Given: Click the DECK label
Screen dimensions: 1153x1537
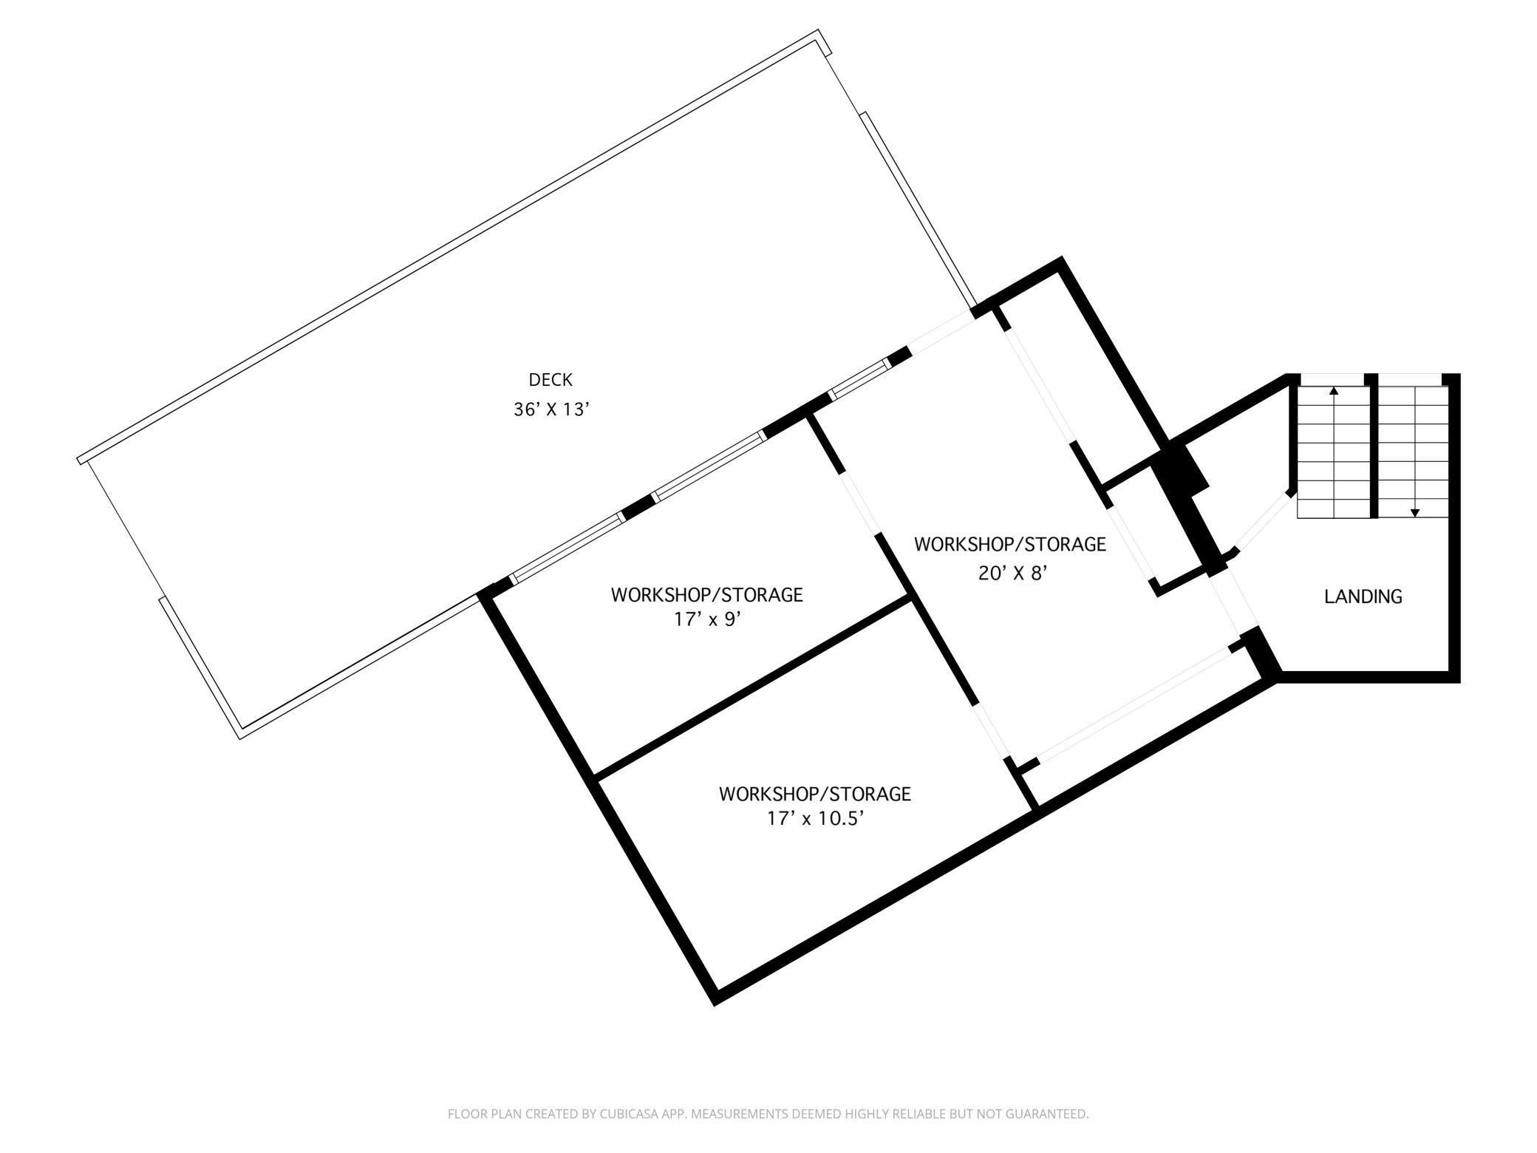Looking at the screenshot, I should [x=551, y=380].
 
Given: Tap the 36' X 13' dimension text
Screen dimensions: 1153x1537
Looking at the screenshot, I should [x=551, y=409].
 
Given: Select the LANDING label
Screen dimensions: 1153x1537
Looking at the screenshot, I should [x=1363, y=596].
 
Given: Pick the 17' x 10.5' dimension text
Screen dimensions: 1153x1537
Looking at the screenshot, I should [x=815, y=820].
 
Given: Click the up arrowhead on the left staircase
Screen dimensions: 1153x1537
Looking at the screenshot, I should [x=1334, y=390].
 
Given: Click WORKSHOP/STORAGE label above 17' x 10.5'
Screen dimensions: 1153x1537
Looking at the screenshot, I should [x=815, y=794].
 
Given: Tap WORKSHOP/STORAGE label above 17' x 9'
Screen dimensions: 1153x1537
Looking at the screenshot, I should [x=706, y=594].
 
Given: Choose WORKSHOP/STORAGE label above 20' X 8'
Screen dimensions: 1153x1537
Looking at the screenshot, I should [x=1010, y=544].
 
